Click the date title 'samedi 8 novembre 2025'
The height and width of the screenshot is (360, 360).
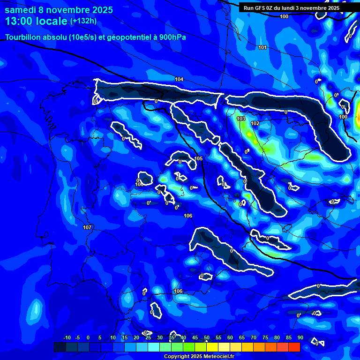click(x=59, y=10)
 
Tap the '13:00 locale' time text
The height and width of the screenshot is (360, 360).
click(x=37, y=21)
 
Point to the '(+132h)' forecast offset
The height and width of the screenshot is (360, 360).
click(x=83, y=21)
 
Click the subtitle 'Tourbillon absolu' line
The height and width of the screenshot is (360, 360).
click(x=96, y=37)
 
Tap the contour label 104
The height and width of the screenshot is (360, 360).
click(x=179, y=79)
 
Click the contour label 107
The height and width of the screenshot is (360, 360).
click(x=87, y=227)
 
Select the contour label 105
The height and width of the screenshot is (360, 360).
click(x=199, y=159)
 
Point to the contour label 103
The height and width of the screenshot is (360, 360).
click(x=241, y=119)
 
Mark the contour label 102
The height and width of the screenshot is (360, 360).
click(x=255, y=123)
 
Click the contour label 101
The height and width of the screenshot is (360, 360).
click(x=262, y=47)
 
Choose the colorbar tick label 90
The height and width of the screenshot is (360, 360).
click(x=300, y=338)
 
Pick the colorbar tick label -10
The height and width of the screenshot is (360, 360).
click(x=67, y=338)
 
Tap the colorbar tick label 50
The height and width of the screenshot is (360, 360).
click(x=207, y=338)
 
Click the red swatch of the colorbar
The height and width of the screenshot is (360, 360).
click(x=294, y=347)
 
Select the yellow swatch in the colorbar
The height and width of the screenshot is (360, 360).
click(x=212, y=347)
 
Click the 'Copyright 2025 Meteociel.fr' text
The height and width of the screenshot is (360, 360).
click(x=199, y=357)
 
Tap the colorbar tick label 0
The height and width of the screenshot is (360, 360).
click(x=88, y=338)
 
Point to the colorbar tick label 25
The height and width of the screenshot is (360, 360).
click(x=148, y=338)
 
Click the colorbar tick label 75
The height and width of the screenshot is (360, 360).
click(x=265, y=338)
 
